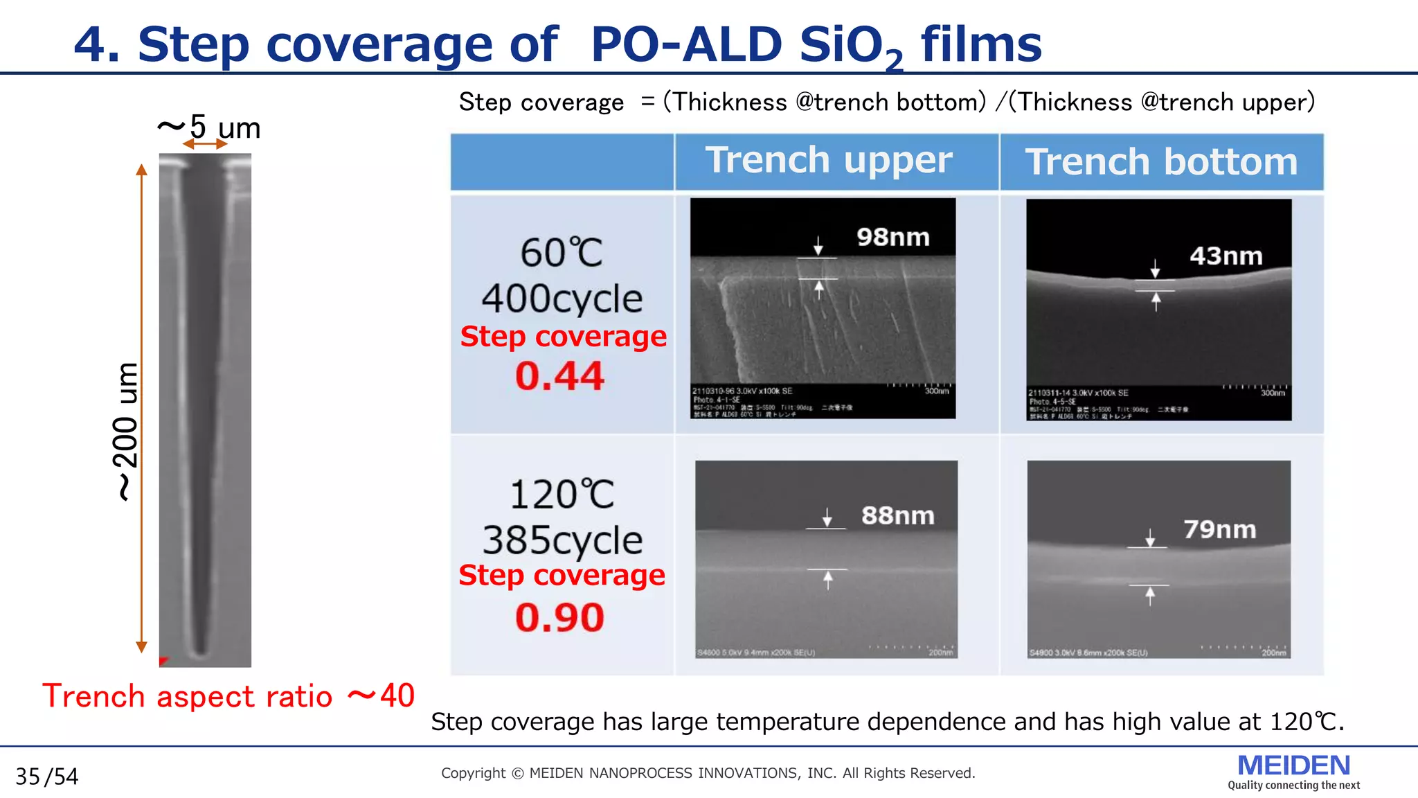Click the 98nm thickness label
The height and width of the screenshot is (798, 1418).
pyautogui.click(x=892, y=238)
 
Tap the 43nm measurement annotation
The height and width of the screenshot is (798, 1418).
pyautogui.click(x=1226, y=256)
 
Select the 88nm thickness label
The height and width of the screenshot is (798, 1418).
pyautogui.click(x=897, y=515)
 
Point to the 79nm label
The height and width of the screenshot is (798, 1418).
pyautogui.click(x=1219, y=530)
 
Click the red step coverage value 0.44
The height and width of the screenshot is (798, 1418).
pyautogui.click(x=559, y=376)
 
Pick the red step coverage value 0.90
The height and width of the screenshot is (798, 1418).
pyautogui.click(x=559, y=617)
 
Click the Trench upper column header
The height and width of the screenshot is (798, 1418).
pyautogui.click(x=829, y=161)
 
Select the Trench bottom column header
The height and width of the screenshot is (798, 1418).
pyautogui.click(x=1161, y=162)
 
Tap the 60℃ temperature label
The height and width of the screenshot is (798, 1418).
pyautogui.click(x=562, y=253)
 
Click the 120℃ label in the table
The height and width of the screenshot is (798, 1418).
pyautogui.click(x=562, y=495)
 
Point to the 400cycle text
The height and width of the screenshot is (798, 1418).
pyautogui.click(x=562, y=299)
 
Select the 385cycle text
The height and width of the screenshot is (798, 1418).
pyautogui.click(x=562, y=540)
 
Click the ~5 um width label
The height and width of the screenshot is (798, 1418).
pyautogui.click(x=209, y=127)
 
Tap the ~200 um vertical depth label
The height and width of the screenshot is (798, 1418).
pyautogui.click(x=125, y=431)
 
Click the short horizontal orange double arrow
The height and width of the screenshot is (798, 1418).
pyautogui.click(x=205, y=144)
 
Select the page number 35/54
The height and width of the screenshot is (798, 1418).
pyautogui.click(x=47, y=777)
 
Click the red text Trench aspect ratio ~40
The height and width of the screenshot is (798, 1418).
pyautogui.click(x=228, y=695)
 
